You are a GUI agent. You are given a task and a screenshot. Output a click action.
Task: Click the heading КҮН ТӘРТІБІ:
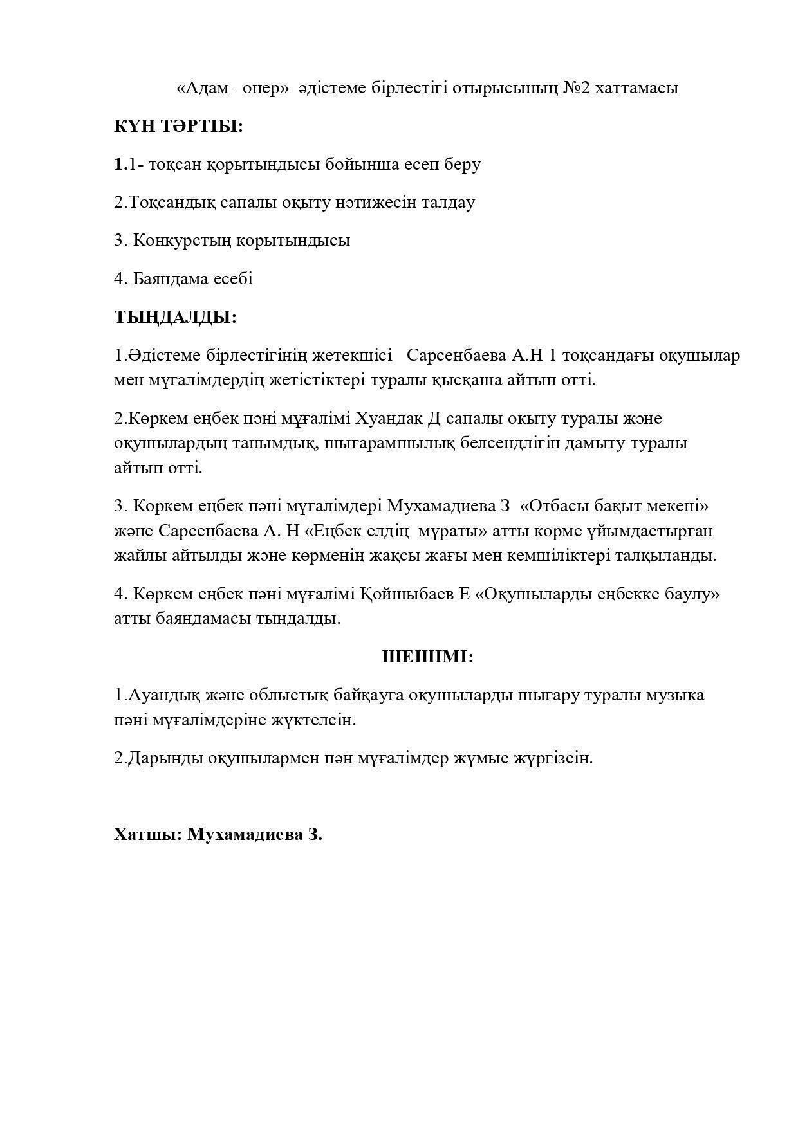(178, 126)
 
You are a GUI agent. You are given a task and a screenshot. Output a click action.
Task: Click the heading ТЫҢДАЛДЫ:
(175, 317)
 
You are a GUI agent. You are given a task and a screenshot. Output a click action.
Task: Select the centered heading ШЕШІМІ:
(427, 657)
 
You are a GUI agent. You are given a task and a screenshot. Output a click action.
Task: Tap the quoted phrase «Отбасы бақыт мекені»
(613, 506)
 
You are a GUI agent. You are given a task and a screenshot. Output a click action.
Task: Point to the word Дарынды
(165, 758)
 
